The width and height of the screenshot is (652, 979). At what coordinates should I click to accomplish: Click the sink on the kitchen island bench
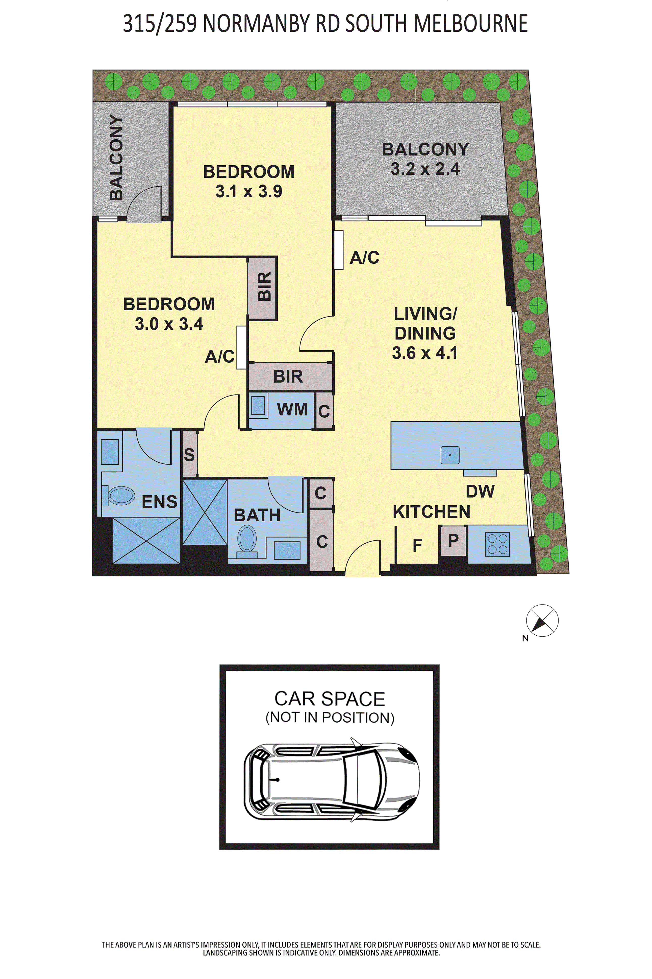[x=450, y=455]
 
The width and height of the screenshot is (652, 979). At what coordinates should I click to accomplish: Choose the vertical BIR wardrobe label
[x=264, y=286]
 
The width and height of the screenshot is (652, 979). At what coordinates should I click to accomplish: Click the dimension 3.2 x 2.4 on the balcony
[x=425, y=169]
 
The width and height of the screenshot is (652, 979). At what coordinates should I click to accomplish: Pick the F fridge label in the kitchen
[x=417, y=545]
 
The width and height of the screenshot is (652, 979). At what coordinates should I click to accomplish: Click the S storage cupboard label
[x=189, y=455]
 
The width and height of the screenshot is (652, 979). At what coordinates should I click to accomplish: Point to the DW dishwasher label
[x=480, y=492]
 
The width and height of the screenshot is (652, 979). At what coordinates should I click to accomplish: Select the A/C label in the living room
[x=365, y=258]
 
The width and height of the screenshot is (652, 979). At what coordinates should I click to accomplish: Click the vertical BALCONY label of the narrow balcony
[x=116, y=157]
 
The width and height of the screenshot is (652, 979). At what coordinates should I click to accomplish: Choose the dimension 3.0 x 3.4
[x=169, y=324]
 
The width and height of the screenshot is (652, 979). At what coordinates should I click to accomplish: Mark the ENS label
[x=160, y=502]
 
